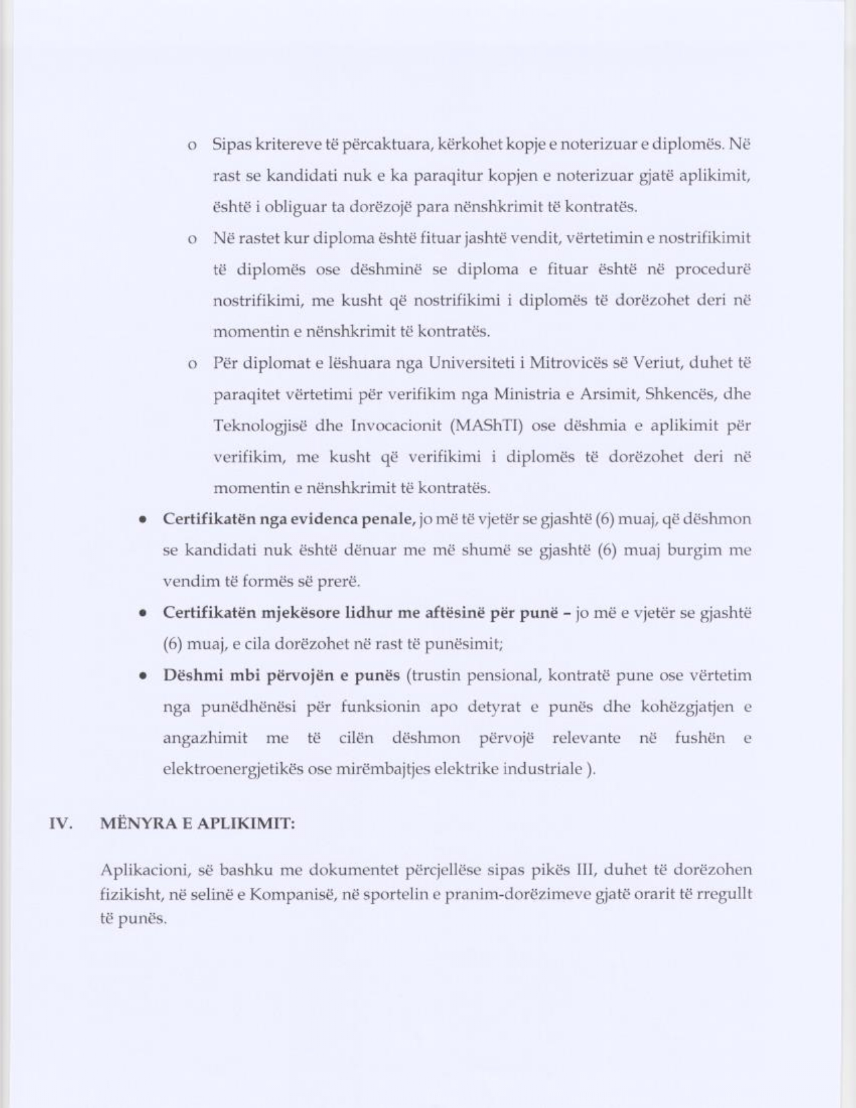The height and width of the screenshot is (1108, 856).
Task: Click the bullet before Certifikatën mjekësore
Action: pyautogui.click(x=143, y=614)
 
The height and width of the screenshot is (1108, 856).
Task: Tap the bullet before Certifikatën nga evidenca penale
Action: pyautogui.click(x=143, y=520)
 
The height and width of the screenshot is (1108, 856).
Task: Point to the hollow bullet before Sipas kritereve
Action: pyautogui.click(x=192, y=145)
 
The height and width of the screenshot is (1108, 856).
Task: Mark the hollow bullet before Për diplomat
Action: pyautogui.click(x=192, y=365)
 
